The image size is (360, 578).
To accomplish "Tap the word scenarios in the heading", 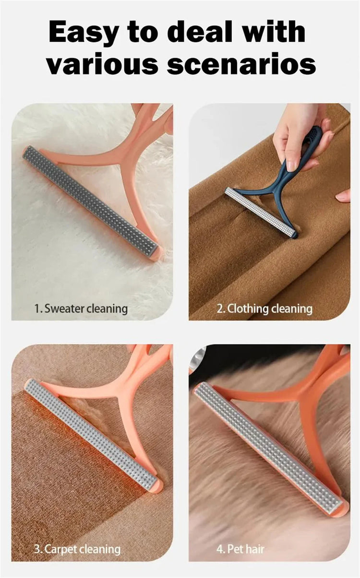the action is click(241, 63).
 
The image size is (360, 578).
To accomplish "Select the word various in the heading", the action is click(102, 63).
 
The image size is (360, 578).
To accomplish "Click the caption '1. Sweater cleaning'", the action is click(81, 308).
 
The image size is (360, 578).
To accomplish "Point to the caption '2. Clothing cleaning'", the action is click(264, 308).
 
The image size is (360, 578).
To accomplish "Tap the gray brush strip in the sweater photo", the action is click(90, 201).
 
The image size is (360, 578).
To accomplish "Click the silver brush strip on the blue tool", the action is click(260, 212).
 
